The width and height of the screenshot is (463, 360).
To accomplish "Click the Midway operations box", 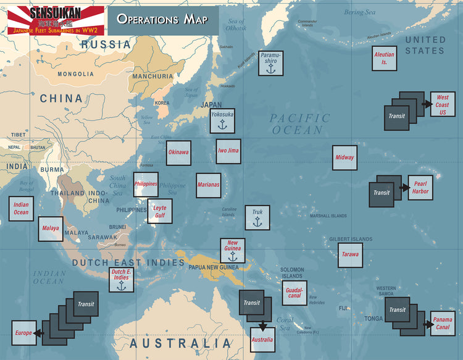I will coord(344,157).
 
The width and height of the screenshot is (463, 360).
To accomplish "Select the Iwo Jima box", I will coord(228,151).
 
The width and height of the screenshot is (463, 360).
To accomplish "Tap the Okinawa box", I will coord(179,153).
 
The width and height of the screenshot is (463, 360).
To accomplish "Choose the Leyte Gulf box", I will coord(160,211).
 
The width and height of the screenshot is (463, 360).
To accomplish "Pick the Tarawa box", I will coord(350,254).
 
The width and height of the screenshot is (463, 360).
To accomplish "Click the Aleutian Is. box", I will coord(384,59).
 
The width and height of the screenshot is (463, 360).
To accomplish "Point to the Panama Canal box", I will coord(443,323).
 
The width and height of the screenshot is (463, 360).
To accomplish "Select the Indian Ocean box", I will coord(21,209).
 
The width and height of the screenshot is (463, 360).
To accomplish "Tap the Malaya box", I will coord(51,228).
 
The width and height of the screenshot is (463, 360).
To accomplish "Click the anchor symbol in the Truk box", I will coord(257,222).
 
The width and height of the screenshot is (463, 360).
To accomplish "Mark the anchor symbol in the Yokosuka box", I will coord(222,125).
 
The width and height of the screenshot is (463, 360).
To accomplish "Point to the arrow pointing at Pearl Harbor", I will coord(404,187).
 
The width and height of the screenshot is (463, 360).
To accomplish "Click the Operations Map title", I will coord(163,19).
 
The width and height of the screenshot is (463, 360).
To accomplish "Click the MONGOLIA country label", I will coord(75,74).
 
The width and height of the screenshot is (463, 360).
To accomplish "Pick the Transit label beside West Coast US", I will coord(396,116).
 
